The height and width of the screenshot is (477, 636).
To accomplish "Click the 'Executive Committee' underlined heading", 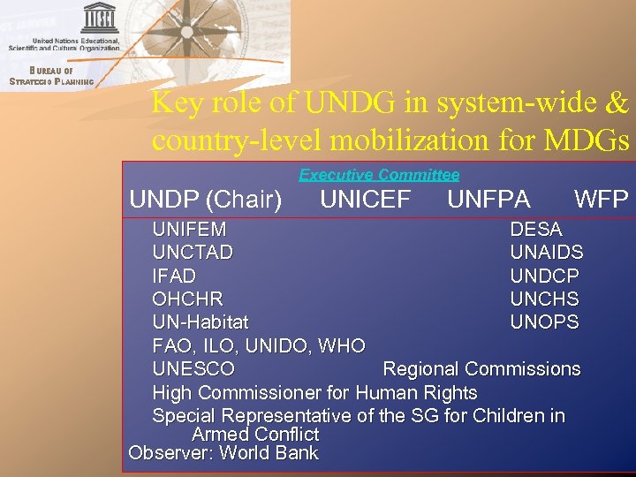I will tap(379, 175).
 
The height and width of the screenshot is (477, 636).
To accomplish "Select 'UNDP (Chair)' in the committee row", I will tap(205, 201).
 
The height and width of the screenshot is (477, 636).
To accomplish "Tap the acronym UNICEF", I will tap(365, 200).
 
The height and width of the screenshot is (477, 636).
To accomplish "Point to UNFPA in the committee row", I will tap(488, 200).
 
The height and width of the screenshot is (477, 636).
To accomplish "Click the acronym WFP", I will tap(601, 200).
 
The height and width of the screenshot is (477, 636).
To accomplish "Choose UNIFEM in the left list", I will tap(189, 230).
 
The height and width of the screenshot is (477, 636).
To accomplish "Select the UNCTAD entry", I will tap(193, 253).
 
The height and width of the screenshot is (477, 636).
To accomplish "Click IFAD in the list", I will tap(174, 276).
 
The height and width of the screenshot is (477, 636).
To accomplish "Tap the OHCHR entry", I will tap(187, 299).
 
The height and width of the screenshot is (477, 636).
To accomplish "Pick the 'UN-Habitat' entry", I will tap(201, 322).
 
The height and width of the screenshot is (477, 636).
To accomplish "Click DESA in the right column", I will tap(536, 230).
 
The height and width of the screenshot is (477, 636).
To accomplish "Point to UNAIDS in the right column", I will tap(547, 253).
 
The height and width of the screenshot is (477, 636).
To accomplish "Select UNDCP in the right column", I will tap(545, 276).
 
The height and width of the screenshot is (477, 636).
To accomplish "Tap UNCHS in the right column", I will tap(545, 299).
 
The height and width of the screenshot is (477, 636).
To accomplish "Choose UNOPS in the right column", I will tap(545, 322).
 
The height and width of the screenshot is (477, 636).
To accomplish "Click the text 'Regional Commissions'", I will tap(481, 369).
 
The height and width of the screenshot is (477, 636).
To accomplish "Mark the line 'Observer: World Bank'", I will tap(223, 454).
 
